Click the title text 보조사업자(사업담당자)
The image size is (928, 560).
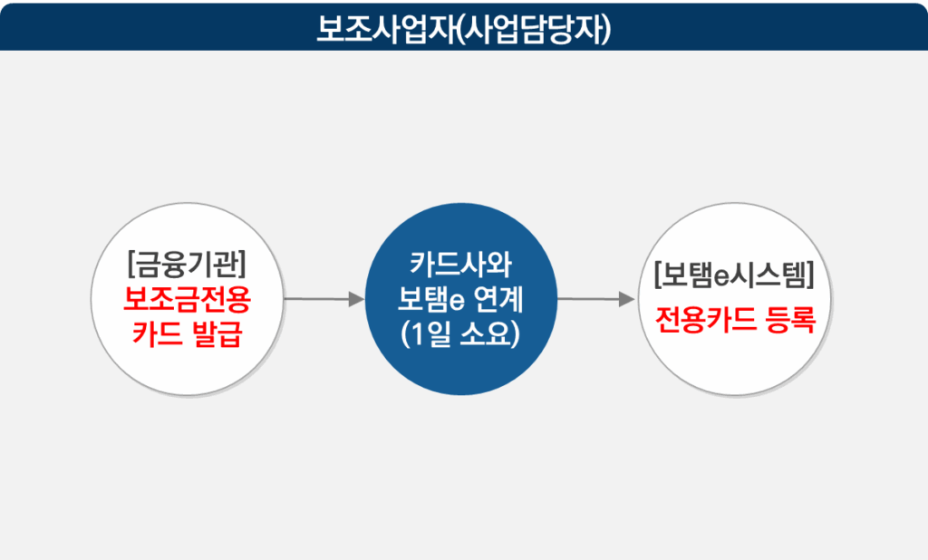click(x=464, y=27)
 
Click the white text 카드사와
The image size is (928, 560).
click(x=461, y=265)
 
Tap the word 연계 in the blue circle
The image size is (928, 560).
click(x=496, y=298)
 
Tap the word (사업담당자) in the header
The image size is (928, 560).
click(x=534, y=27)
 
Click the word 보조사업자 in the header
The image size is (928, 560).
click(x=384, y=27)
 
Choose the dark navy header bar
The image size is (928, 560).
click(x=136, y=25)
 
